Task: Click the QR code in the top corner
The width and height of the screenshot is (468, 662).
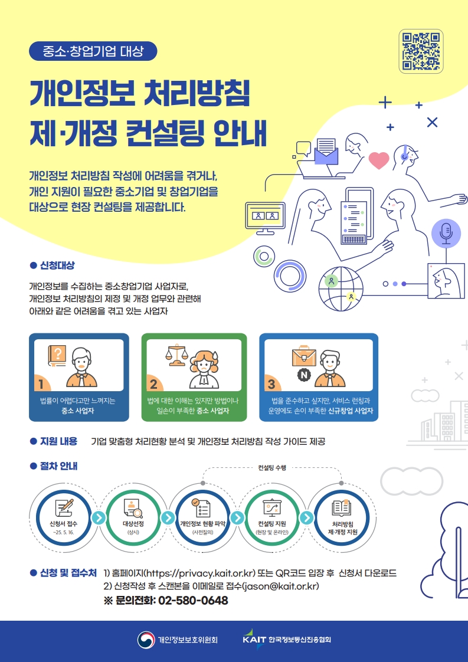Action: point(421,52)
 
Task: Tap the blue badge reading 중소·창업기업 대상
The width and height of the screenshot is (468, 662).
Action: point(93,51)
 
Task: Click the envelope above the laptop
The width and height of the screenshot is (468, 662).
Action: point(326,152)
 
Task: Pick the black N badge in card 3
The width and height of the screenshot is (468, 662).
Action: point(303,375)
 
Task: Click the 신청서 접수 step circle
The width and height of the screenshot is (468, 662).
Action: point(64,517)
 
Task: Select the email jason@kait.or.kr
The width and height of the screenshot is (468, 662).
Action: point(280,586)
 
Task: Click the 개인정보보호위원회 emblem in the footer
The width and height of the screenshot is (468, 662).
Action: point(145,640)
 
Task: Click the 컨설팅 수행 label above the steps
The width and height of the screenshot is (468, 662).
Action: point(272,467)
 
